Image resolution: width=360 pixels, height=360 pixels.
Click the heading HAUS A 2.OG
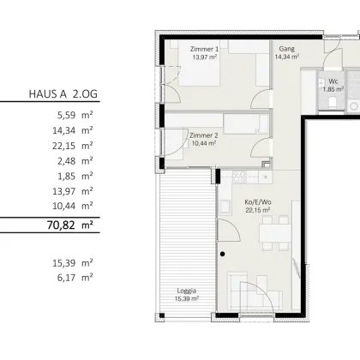[63, 93]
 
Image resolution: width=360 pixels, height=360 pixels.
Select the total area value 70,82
[61, 225]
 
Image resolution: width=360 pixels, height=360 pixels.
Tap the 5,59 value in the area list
[67, 116]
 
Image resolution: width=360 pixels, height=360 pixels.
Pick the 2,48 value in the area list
[67, 161]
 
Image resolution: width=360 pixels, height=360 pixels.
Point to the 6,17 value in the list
[67, 278]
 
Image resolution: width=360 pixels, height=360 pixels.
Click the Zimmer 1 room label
[204, 49]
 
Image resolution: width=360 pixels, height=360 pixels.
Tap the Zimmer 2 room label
[204, 135]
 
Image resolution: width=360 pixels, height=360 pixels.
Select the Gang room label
[287, 49]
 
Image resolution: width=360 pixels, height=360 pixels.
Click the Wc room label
[333, 81]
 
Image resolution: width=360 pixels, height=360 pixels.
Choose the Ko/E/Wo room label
[258, 202]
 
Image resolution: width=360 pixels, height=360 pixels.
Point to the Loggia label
[187, 291]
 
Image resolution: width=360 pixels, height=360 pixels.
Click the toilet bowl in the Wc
[333, 103]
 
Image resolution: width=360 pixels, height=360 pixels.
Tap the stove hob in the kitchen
[239, 177]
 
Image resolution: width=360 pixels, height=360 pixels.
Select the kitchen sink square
[225, 207]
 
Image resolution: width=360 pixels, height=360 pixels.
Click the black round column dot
[223, 254]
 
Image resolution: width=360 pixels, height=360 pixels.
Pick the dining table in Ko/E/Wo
[275, 233]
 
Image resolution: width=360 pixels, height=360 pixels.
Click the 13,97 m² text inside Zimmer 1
[205, 57]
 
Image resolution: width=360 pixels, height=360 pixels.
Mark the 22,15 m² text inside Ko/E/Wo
[258, 210]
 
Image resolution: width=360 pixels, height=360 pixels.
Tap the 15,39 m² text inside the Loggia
[187, 299]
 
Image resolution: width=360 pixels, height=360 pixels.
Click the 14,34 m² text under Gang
[287, 57]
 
